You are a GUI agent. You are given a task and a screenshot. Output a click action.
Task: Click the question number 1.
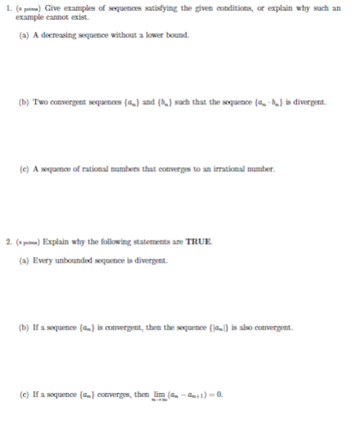(7, 8)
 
